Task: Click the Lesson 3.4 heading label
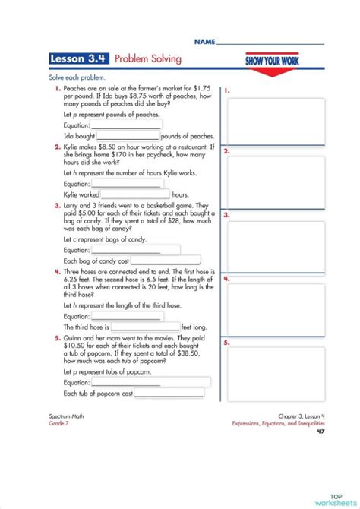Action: (79, 58)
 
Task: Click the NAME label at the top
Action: (204, 40)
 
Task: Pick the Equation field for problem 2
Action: (125, 184)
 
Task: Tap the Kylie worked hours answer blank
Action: (135, 195)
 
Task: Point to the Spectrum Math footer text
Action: (62, 418)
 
